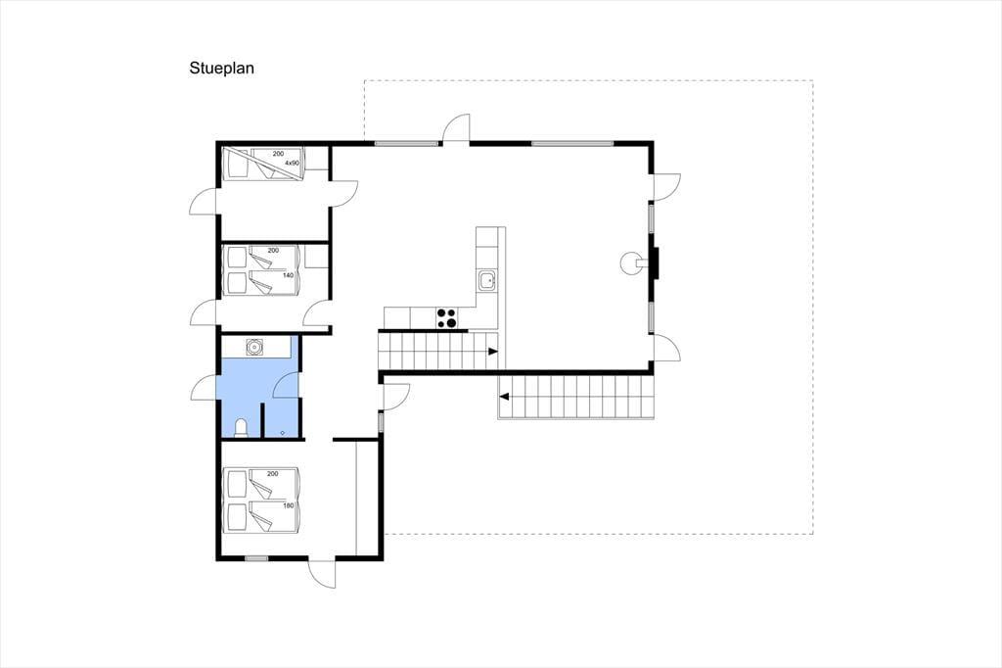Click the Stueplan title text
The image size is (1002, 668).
coord(222,69)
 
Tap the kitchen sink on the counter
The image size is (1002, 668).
coord(487,279)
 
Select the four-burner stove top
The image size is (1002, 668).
coord(446,317)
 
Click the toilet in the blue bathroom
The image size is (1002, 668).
coord(242,427)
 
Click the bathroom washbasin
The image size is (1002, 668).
coord(254,348)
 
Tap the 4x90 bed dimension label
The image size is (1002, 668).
coord(292,164)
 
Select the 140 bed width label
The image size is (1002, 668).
coord(289,275)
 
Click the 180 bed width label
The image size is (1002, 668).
coord(289,505)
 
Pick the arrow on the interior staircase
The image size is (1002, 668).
coord(493,352)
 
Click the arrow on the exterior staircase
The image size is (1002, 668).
coord(504,397)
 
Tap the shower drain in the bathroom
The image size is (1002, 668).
coord(283,433)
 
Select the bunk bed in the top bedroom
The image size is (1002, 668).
coord(262,164)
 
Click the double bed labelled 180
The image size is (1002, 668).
coord(261,501)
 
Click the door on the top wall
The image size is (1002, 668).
coord(457,128)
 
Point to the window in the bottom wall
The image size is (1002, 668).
coord(257,558)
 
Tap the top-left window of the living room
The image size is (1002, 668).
coord(406,143)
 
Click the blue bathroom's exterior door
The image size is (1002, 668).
coord(205,389)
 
